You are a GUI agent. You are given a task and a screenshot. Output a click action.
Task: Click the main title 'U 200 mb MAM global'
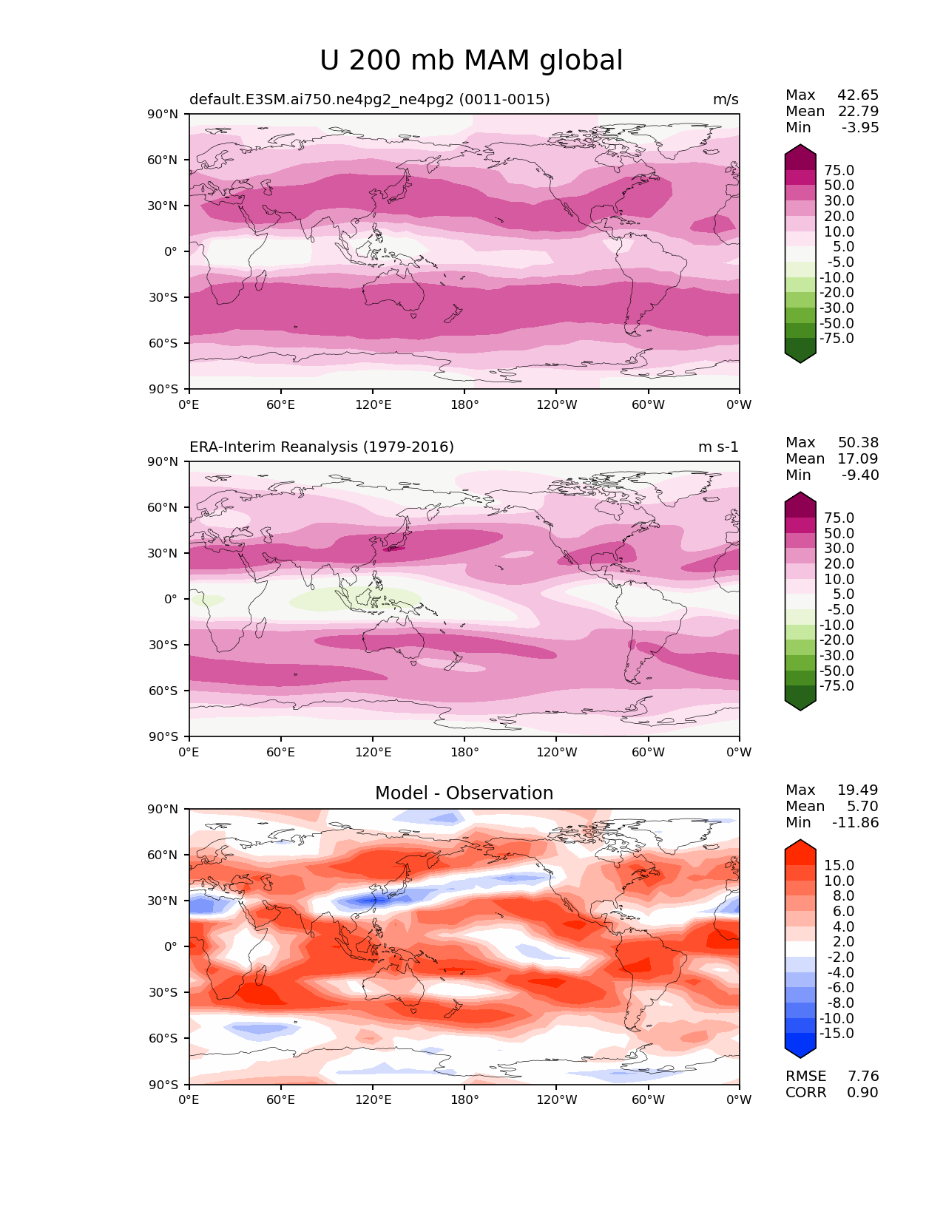click(471, 61)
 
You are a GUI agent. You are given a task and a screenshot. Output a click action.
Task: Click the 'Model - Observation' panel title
click(464, 793)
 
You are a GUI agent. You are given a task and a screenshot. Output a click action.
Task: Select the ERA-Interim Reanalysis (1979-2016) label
click(322, 447)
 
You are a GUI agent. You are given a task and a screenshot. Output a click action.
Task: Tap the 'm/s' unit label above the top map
click(726, 100)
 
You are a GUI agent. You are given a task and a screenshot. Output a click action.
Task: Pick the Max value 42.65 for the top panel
click(858, 95)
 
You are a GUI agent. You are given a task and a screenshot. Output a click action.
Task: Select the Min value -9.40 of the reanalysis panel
click(860, 475)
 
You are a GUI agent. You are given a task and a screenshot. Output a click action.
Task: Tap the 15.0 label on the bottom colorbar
click(839, 866)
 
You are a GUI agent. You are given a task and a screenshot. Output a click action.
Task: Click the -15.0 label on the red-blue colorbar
click(836, 1034)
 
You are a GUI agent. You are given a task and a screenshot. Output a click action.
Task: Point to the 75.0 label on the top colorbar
click(839, 171)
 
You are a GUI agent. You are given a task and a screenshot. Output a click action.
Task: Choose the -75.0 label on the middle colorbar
click(836, 686)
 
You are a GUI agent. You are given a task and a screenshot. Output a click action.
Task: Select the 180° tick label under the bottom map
click(464, 1100)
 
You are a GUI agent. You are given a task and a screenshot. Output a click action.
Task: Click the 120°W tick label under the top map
click(557, 405)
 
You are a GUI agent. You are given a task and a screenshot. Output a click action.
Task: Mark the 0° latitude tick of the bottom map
click(171, 946)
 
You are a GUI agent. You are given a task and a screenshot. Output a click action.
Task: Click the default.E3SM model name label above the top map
click(370, 100)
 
